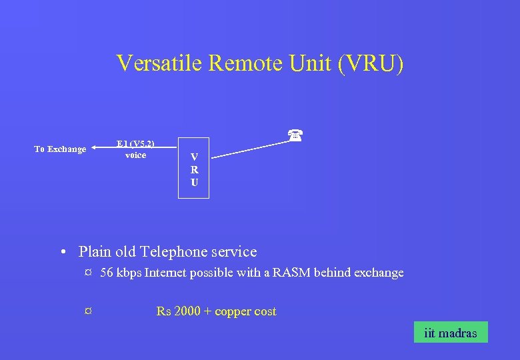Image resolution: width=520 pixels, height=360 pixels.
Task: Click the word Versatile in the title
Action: click(159, 63)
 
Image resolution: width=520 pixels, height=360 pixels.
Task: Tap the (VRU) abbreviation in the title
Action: click(370, 63)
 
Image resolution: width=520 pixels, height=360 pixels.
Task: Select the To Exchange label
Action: click(60, 149)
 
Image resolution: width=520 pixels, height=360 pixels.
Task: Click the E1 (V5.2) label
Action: click(135, 143)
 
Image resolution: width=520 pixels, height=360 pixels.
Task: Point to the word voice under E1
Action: click(135, 155)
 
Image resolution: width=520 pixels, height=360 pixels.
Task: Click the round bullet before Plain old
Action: click(61, 253)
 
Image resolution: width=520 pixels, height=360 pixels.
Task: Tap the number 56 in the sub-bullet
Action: click(107, 273)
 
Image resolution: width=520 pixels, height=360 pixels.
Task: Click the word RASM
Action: click(291, 273)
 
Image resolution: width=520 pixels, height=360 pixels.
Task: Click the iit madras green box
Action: click(450, 333)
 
